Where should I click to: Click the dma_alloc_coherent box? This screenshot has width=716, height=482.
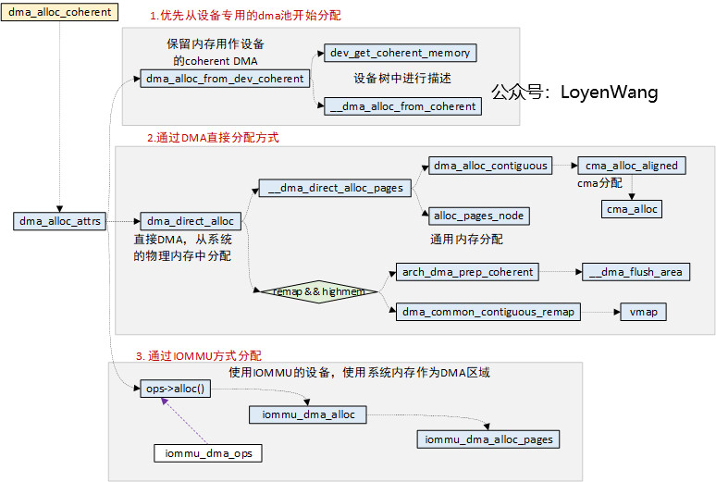[x=60, y=13]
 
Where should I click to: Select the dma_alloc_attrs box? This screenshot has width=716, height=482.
[x=60, y=221]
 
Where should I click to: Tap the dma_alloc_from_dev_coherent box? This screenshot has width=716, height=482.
[x=225, y=79]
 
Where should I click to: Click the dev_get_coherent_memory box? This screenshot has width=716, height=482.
[x=401, y=53]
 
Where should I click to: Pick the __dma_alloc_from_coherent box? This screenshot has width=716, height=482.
[x=401, y=106]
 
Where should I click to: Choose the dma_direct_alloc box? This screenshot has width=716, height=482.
[x=191, y=221]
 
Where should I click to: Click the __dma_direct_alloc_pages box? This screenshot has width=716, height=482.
[x=335, y=188]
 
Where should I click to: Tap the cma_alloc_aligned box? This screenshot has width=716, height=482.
[x=632, y=166]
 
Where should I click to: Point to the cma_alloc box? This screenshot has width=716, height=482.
[x=632, y=209]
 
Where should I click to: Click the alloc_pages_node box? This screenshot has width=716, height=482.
[x=478, y=216]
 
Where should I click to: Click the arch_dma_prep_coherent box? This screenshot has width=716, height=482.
[x=467, y=272]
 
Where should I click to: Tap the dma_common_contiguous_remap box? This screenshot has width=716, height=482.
[x=488, y=312]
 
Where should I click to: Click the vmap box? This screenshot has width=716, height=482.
[x=642, y=312]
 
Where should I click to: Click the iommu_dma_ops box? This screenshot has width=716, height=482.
[x=208, y=453]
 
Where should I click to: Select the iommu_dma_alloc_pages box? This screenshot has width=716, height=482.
[x=488, y=439]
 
